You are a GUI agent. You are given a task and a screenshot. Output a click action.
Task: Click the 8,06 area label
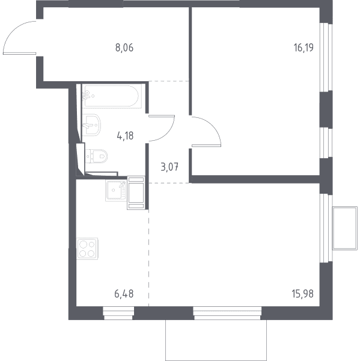point(124,48)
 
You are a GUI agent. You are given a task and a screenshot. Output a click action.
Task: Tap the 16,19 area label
point(304,48)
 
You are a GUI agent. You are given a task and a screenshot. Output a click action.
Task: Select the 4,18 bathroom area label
point(125,136)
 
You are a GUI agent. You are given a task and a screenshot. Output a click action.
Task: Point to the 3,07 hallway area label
point(169,167)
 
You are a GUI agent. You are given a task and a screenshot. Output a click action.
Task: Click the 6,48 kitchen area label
point(124,294)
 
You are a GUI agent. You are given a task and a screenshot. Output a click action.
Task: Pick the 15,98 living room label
point(303,294)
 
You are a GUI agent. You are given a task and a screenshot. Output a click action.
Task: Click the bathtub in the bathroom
point(112,96)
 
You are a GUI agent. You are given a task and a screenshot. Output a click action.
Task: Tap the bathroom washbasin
point(91,125)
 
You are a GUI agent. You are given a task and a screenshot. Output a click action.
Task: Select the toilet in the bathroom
point(96,156)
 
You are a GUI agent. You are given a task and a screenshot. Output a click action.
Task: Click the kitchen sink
point(116,190)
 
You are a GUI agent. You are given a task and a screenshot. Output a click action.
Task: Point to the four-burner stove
point(87,248)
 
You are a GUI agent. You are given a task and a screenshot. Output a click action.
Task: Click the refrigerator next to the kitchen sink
point(136,193)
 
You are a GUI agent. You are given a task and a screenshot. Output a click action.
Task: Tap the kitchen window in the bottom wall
point(118,313)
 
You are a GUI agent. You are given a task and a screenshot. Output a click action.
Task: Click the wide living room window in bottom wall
point(227,313)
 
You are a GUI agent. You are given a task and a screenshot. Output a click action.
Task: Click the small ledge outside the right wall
point(345,228)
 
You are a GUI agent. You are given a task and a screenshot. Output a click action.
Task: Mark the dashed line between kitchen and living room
point(148,258)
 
